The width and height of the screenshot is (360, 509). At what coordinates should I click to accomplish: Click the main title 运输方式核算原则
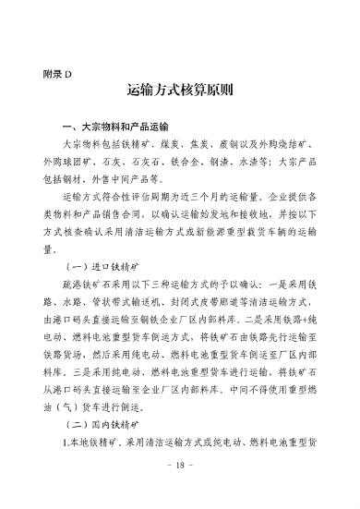(x=180, y=92)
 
